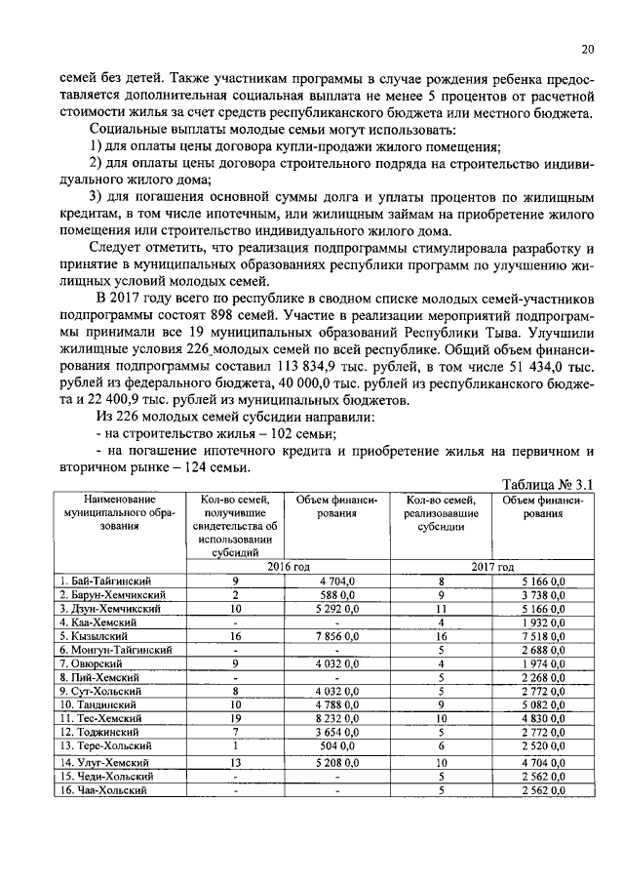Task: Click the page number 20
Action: coord(587,50)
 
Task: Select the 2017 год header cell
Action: coord(491,566)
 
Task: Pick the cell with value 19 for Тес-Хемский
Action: coord(235,718)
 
